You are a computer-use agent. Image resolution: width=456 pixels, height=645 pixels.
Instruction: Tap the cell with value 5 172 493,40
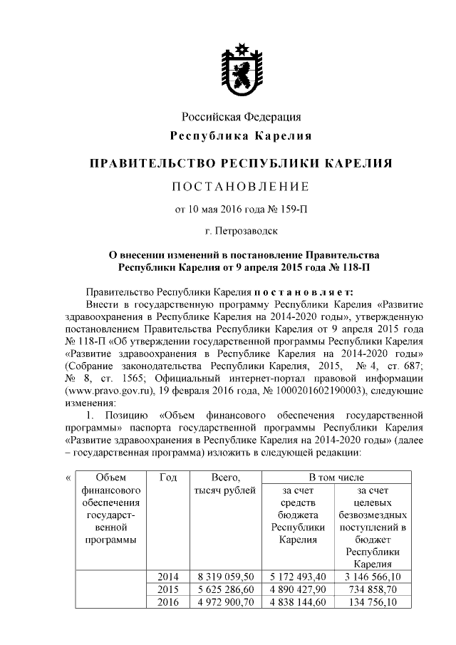click(x=298, y=575)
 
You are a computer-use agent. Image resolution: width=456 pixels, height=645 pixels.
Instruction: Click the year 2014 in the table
click(x=169, y=575)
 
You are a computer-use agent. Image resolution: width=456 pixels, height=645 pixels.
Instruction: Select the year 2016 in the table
click(x=169, y=602)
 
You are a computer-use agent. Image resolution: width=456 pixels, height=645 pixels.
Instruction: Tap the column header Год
click(x=169, y=477)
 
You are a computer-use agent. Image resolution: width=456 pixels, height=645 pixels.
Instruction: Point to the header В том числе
click(x=336, y=477)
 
